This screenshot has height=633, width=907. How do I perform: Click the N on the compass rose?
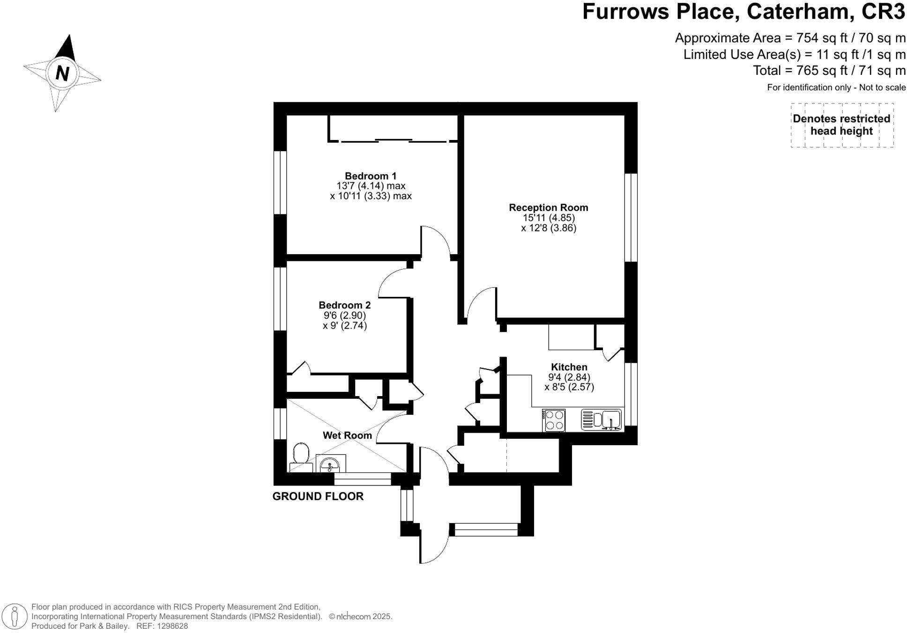62,74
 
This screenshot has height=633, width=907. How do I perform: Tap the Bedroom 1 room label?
370,176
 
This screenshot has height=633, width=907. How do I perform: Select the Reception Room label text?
548,207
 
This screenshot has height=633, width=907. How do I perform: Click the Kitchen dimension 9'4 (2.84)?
569,377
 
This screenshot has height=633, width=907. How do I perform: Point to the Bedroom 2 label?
344,305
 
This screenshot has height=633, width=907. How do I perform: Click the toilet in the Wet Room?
301,456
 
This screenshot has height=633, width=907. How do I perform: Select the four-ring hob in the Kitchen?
554,420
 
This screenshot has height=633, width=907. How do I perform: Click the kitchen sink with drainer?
602,420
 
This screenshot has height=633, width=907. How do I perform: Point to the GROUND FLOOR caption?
318,496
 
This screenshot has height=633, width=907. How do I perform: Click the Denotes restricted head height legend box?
841,125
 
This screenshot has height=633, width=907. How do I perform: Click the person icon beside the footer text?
15,616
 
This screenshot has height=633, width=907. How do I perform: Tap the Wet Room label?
347,435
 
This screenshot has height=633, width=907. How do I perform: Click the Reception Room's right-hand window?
631,218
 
